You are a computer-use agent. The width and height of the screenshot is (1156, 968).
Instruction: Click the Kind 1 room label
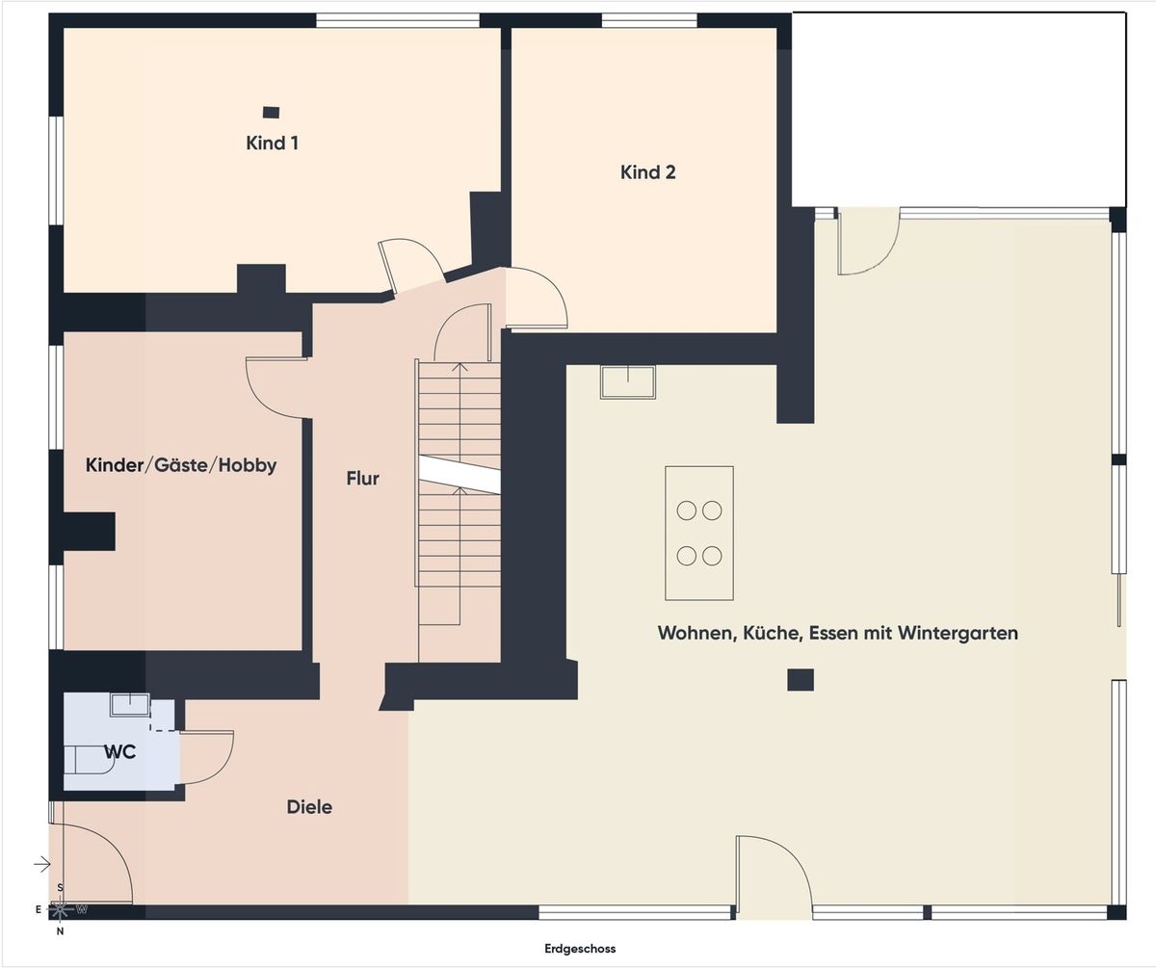click(x=272, y=144)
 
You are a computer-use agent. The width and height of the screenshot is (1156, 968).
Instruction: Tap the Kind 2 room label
click(x=647, y=172)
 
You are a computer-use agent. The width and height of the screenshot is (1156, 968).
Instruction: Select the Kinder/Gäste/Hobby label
click(x=181, y=466)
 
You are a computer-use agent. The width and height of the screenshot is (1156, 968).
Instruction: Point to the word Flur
click(x=363, y=478)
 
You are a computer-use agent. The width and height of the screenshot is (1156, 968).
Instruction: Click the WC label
click(x=121, y=752)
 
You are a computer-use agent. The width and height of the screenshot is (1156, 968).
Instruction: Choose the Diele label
click(x=309, y=807)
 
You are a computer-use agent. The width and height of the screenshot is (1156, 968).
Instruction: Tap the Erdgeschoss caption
click(x=579, y=949)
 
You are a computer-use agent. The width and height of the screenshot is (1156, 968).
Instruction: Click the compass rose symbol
click(x=61, y=908)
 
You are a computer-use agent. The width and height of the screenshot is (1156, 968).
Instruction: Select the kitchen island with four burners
click(x=698, y=533)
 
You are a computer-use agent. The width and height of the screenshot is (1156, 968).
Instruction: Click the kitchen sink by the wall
click(x=627, y=381)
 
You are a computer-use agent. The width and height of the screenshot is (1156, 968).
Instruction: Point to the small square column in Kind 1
click(x=272, y=113)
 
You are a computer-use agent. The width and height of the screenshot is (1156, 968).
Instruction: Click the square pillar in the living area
click(x=800, y=680)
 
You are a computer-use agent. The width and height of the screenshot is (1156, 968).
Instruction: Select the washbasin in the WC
click(x=129, y=704)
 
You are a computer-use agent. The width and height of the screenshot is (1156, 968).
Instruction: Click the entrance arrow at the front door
click(x=41, y=864)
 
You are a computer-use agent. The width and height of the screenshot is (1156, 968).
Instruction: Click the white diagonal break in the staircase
click(x=460, y=474)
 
